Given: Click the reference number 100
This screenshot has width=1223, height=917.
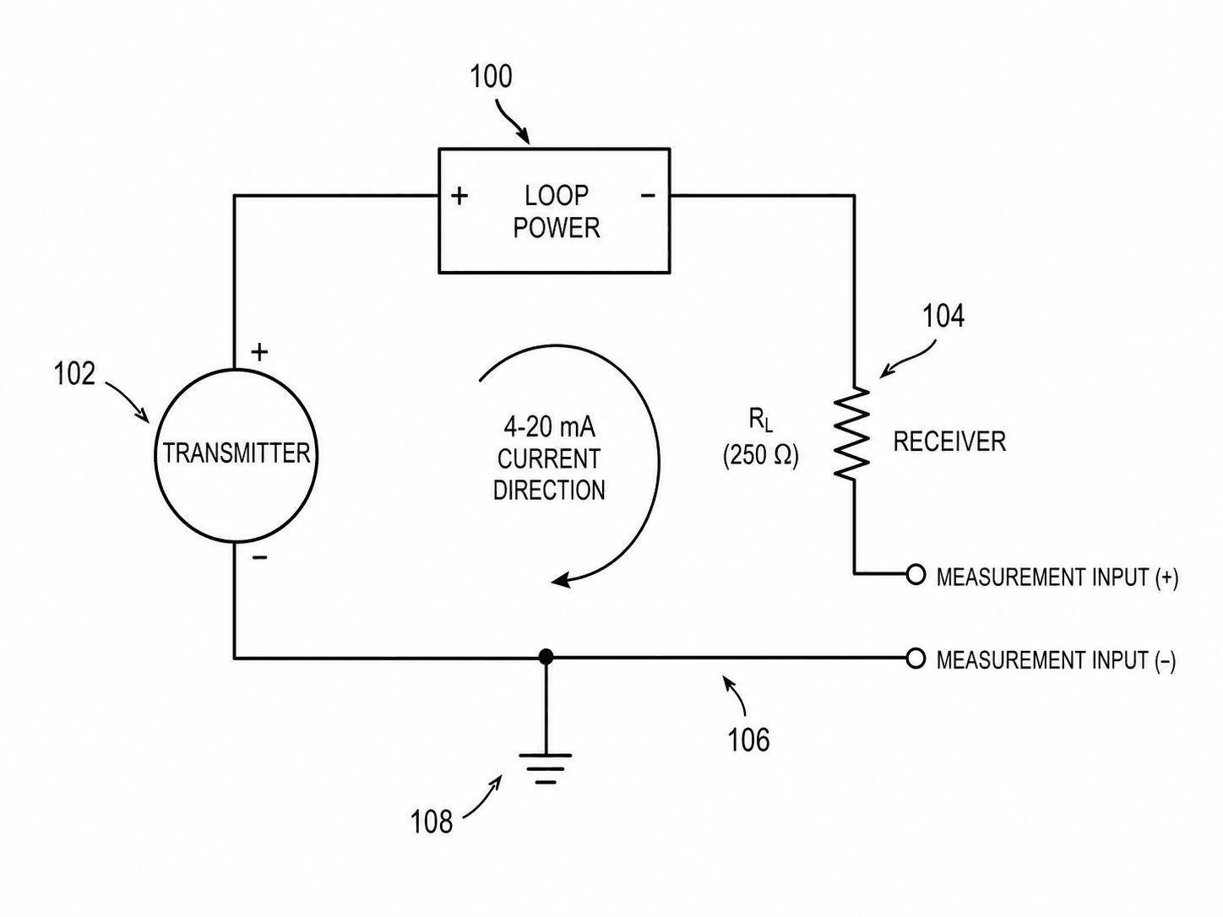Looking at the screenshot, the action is point(491,77).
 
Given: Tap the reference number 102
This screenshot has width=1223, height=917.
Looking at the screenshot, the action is point(74,373).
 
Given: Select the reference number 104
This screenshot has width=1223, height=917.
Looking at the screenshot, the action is point(943,316).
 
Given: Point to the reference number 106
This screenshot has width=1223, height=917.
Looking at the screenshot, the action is point(748,740).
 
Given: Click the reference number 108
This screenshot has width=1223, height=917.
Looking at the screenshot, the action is point(432,822).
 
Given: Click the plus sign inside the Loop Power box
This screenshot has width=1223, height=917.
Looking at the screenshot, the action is point(459,196).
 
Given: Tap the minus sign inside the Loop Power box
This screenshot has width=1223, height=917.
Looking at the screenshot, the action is point(648,195).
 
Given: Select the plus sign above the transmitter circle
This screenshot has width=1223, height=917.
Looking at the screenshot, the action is point(259,352).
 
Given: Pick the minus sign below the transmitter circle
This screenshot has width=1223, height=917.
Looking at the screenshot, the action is point(259,557).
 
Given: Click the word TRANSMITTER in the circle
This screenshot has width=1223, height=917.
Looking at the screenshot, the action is point(236,453).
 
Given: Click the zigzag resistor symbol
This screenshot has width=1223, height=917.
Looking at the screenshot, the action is point(852,434).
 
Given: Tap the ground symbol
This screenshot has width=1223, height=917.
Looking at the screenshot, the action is point(546,769).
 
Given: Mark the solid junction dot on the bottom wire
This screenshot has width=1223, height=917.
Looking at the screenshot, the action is point(546,657).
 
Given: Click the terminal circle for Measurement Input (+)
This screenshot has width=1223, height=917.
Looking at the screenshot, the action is point(916,574).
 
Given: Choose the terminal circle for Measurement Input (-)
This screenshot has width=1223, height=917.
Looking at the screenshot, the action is point(916,659).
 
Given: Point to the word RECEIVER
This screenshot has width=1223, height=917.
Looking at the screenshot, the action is point(949,442).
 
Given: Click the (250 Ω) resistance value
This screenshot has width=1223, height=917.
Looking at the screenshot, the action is point(760,456).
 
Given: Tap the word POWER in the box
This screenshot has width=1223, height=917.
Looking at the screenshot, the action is point(556,228).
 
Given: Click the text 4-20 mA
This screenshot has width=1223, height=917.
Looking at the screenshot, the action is point(549,427).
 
